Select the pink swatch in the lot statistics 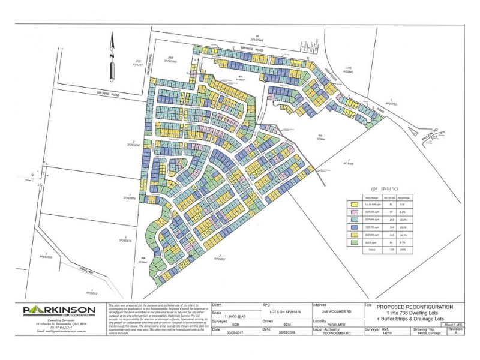tap(353, 212)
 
